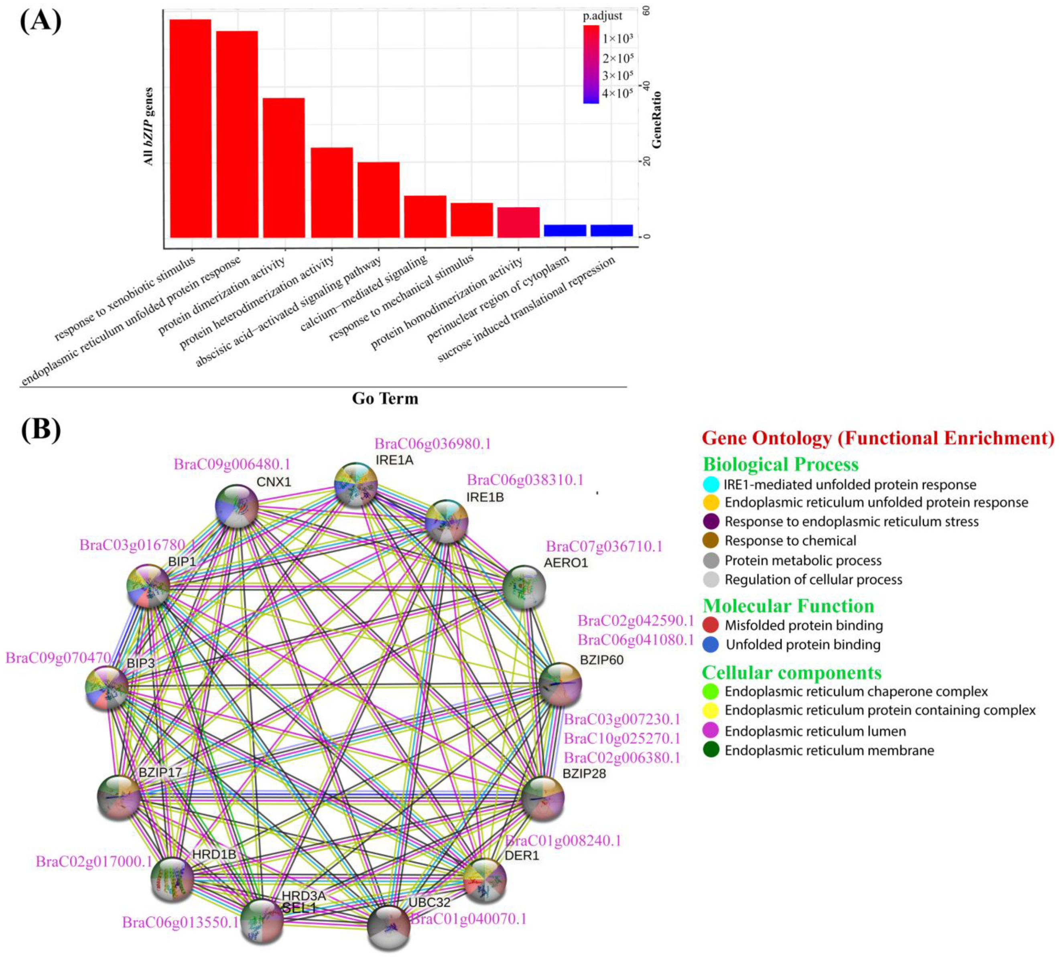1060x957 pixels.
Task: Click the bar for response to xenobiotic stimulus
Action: pyautogui.click(x=190, y=128)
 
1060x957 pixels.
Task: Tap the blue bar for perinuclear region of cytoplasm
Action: pyautogui.click(x=565, y=230)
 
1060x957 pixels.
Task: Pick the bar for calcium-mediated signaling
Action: pyautogui.click(x=425, y=216)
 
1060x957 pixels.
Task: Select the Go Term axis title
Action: pyautogui.click(x=385, y=398)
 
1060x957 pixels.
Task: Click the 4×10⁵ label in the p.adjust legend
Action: pyautogui.click(x=617, y=93)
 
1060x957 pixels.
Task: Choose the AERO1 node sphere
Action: pyautogui.click(x=524, y=587)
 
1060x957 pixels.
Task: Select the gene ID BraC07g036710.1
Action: pyautogui.click(x=603, y=547)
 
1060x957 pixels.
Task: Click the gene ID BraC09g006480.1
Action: pyautogui.click(x=232, y=464)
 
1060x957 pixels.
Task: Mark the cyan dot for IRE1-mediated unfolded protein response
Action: pyautogui.click(x=711, y=484)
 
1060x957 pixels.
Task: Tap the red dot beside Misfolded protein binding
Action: pyautogui.click(x=711, y=625)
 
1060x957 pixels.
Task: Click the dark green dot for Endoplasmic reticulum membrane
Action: pyautogui.click(x=711, y=750)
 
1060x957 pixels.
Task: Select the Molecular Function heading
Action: pyautogui.click(x=788, y=606)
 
